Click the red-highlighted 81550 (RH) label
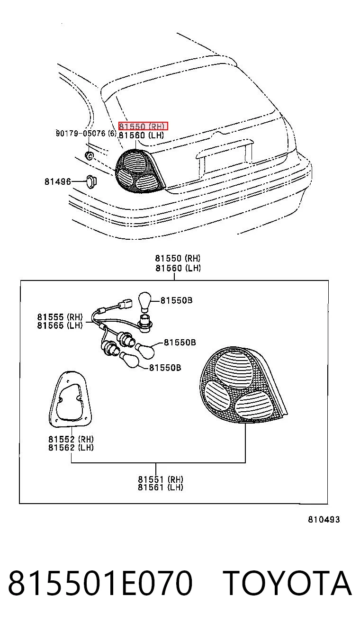[x=143, y=126]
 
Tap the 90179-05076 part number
[x=81, y=133]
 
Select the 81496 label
[x=58, y=181]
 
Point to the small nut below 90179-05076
[x=90, y=155]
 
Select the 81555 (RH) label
[x=60, y=317]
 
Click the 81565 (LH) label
[x=60, y=325]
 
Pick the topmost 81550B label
[x=177, y=300]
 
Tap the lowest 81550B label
[x=165, y=368]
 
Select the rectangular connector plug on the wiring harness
[x=126, y=303]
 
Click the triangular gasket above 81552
[x=71, y=399]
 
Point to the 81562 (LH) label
[x=71, y=447]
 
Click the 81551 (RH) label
[x=161, y=479]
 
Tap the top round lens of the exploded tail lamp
[x=234, y=370]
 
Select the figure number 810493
[x=324, y=519]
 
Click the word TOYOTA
[x=288, y=583]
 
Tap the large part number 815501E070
[x=100, y=583]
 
